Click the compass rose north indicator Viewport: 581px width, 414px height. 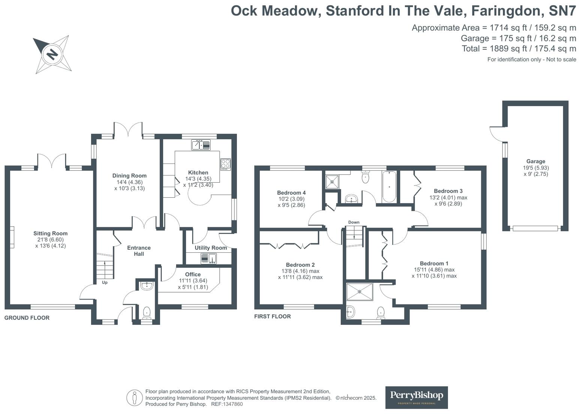(x=52, y=54)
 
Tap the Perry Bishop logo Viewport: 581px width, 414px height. (x=416, y=397)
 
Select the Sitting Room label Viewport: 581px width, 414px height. (x=50, y=233)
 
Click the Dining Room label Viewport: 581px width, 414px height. (x=129, y=175)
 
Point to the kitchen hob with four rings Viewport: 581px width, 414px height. (x=226, y=164)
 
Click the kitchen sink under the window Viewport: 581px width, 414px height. (x=201, y=145)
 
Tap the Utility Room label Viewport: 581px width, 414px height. (x=211, y=248)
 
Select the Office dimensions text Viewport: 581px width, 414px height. (x=193, y=284)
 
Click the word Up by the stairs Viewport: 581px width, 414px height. (x=105, y=282)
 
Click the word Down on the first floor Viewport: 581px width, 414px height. (x=353, y=222)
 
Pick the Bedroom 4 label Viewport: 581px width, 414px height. (x=291, y=193)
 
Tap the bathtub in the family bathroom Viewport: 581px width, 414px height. (x=389, y=186)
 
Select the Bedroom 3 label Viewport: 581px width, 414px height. (x=448, y=191)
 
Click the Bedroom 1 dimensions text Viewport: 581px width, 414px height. (x=434, y=273)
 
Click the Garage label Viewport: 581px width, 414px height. (x=536, y=161)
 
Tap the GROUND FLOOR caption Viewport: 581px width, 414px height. (x=27, y=318)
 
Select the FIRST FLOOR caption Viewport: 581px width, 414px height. (x=273, y=316)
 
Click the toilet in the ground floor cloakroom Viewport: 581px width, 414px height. (x=147, y=312)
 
